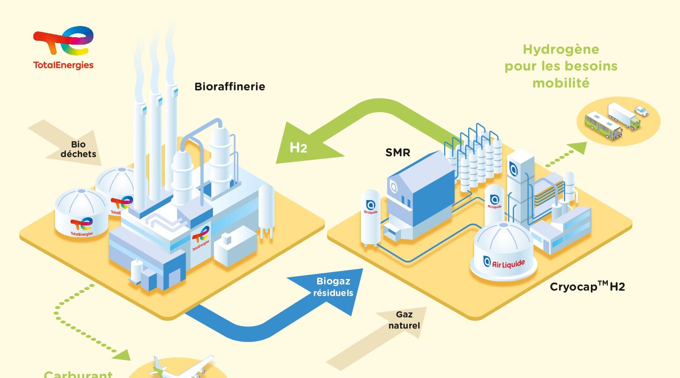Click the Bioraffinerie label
point(230,87)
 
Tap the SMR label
point(398,153)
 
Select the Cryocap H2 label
point(587,287)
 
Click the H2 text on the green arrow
point(299,148)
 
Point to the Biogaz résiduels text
point(333,287)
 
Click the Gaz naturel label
point(404,320)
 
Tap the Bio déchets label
point(78,149)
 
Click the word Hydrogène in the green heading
point(561,49)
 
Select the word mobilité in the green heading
point(561,83)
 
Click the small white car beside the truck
point(642,111)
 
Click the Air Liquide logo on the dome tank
point(504,263)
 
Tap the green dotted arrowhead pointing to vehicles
point(579,147)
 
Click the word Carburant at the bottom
point(78,374)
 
